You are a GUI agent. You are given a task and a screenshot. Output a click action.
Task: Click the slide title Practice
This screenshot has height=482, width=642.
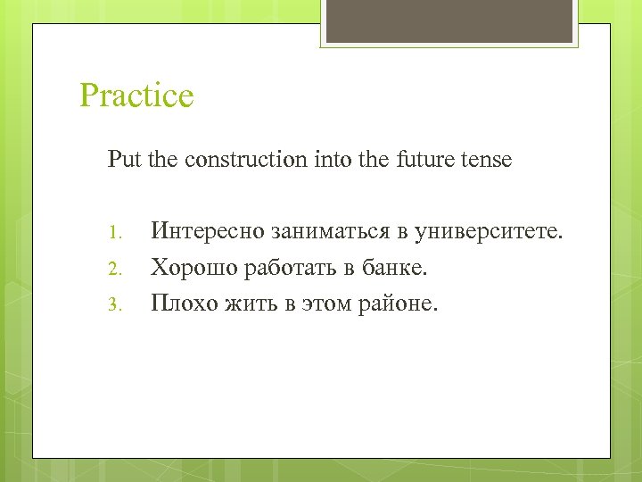136,96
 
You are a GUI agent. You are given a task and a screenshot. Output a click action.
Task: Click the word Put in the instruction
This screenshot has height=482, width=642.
122,161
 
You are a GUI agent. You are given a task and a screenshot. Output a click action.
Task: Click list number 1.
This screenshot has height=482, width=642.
113,234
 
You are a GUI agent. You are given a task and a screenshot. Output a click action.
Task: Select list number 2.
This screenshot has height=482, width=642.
113,269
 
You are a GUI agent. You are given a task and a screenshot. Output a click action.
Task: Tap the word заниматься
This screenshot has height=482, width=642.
329,233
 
